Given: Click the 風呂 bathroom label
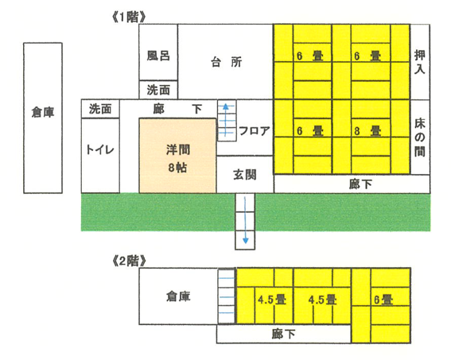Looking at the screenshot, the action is coord(158,56).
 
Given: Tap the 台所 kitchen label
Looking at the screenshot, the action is coord(227,62).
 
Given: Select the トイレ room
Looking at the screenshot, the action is coord(100,156).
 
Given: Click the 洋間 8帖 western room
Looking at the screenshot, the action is coord(177,156).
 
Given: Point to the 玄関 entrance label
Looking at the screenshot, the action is coord(245,175).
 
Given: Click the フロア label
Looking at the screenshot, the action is coord(255,131).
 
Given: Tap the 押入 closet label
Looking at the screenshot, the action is coord(420,62).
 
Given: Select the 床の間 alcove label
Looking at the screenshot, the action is coord(420,137).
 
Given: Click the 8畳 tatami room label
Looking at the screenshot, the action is coord(367,131).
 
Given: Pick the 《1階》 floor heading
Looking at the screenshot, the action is coord(129,17).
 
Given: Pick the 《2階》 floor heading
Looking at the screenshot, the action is coord(129,261).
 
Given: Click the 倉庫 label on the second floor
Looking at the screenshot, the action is coord(178,296).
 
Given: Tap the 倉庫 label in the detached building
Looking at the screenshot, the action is coord(43,112).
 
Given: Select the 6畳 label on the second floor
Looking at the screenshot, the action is coord(383,300).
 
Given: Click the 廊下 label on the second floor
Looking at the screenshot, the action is coord(284,334).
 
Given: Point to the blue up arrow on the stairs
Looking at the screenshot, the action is coord(226,119).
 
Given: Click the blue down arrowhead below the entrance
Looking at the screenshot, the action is coord(245,241).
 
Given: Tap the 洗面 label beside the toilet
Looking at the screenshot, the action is coord(100,109).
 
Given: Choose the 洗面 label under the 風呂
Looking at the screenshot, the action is coord(158,90).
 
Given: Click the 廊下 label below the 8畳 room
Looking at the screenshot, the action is coord(360,184).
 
